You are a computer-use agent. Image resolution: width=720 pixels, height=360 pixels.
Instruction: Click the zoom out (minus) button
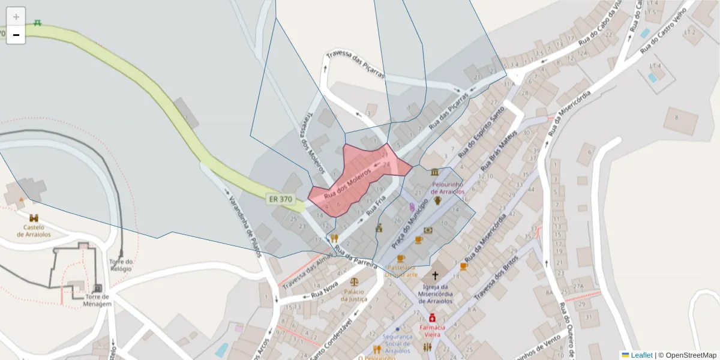16,35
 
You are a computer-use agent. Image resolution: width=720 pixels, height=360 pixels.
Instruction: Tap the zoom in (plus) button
16,17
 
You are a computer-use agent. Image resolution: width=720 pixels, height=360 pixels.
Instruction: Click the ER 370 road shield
281,199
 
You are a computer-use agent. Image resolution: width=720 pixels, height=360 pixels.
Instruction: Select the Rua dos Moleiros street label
347,185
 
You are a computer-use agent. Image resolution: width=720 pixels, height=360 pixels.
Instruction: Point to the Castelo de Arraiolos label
34,230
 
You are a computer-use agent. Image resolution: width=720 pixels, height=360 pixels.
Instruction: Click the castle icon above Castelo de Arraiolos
34,218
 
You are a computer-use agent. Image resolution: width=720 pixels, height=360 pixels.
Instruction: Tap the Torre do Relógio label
121,265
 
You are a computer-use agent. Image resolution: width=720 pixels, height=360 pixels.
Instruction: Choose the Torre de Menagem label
98,300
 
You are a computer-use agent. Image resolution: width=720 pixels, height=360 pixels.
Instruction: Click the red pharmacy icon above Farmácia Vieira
432,317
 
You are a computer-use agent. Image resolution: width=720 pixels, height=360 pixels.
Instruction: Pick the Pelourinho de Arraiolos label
448,188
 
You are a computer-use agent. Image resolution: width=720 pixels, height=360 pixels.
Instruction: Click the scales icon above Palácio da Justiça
353,281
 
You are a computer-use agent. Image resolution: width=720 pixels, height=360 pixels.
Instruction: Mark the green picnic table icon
38,23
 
